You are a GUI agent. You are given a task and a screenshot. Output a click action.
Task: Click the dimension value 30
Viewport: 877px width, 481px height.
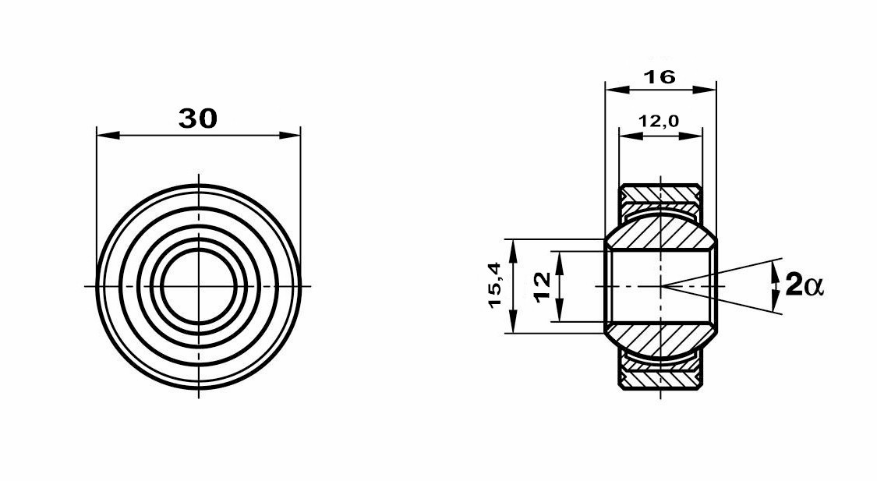(x=198, y=118)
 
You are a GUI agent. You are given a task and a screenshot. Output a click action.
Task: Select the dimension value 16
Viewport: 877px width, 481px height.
(x=660, y=76)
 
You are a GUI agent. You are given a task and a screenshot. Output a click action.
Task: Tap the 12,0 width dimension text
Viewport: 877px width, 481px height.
(x=660, y=120)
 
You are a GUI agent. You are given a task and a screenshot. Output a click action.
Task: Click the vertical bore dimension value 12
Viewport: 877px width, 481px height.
(x=543, y=287)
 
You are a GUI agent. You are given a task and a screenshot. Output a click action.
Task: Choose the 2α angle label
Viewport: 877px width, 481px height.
(x=805, y=285)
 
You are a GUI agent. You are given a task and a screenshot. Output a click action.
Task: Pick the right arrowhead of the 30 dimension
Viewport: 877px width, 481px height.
(x=289, y=135)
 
